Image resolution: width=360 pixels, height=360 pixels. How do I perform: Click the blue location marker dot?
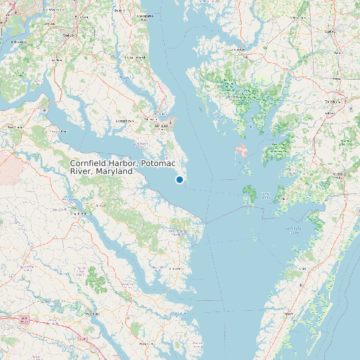179,179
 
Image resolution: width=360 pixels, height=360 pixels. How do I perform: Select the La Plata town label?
57,60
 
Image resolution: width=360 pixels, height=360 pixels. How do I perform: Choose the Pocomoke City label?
339,175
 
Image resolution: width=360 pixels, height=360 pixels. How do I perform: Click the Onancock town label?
293,229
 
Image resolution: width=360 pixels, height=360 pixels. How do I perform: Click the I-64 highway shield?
25,320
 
